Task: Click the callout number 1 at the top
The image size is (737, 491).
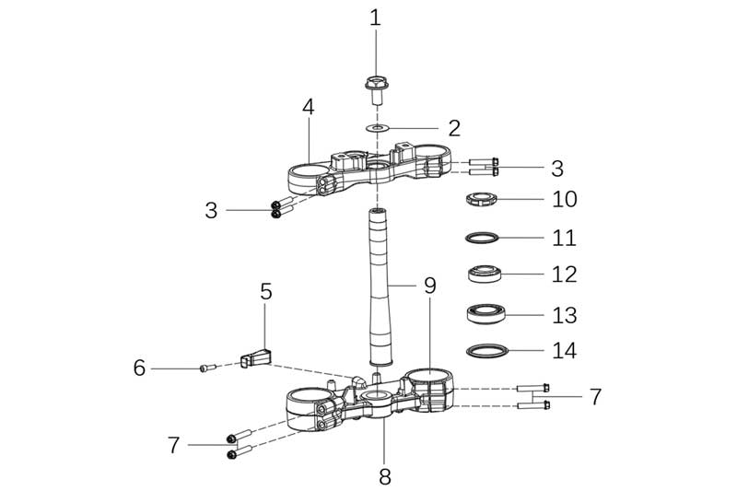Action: coord(375,18)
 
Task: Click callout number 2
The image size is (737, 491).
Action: coord(453,128)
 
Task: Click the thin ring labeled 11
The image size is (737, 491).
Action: coord(484,238)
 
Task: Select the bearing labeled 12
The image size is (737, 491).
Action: coord(484,274)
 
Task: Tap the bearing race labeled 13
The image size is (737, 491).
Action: coord(484,314)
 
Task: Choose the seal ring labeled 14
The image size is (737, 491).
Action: coord(484,351)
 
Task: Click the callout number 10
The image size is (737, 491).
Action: coord(564,199)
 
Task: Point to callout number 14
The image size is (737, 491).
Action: coord(564,351)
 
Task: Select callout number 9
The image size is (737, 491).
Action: coord(429,286)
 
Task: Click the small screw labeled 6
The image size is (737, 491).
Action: coord(207,368)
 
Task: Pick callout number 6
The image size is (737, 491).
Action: coord(139,368)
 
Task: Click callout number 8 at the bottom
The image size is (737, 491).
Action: coord(385,476)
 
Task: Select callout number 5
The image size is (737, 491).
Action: coord(266,292)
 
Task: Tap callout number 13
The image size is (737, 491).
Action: coord(564,315)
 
